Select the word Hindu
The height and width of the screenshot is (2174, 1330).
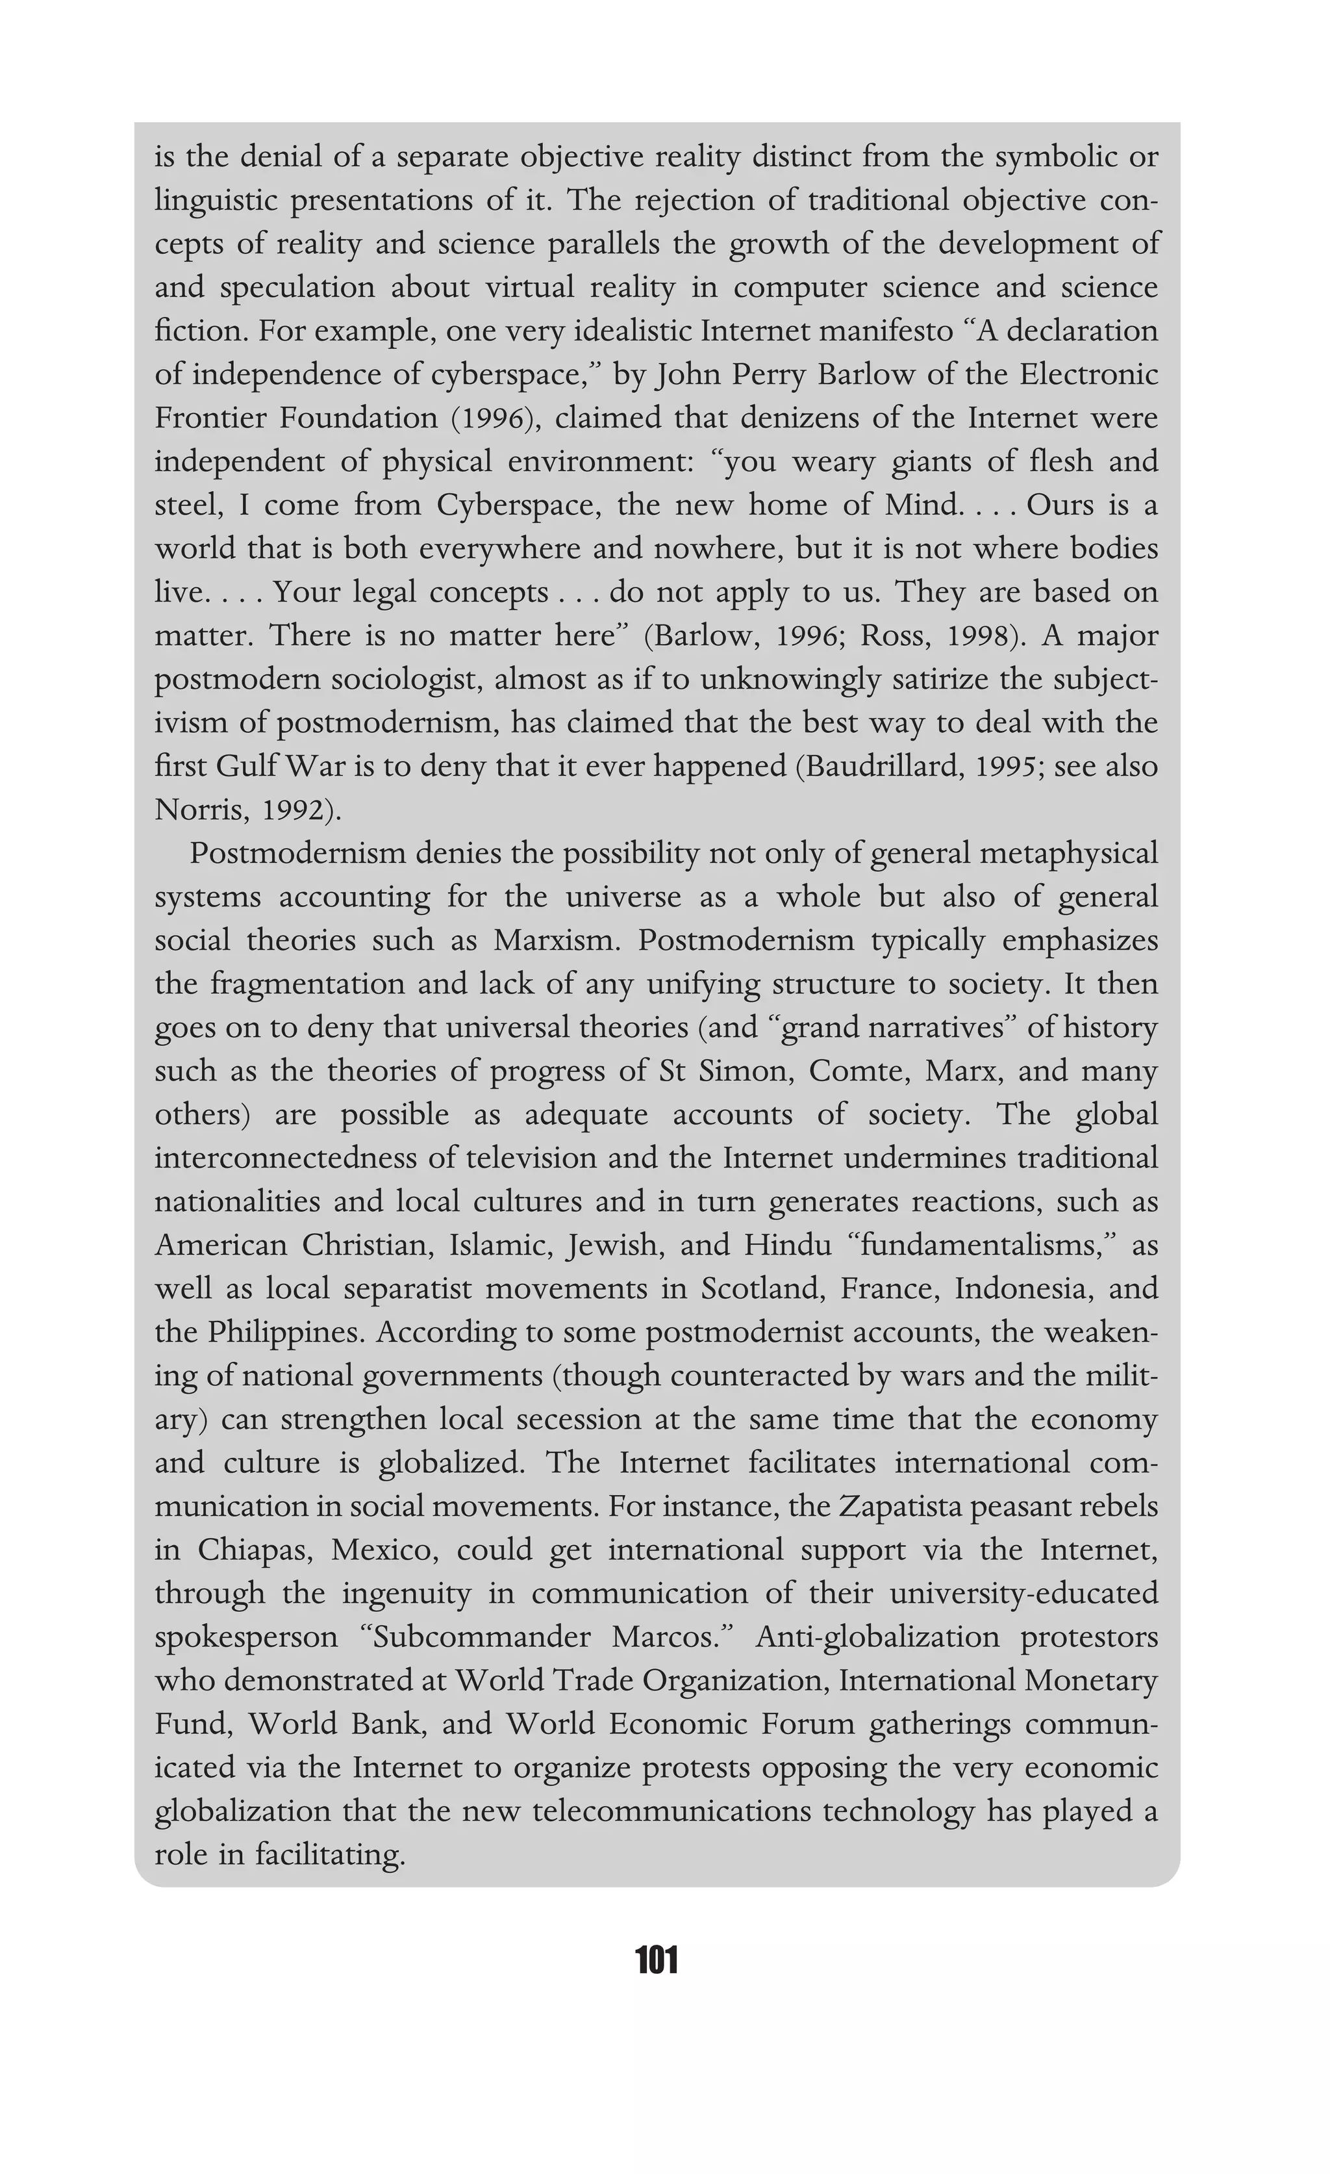point(788,1245)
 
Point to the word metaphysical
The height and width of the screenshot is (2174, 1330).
point(1067,853)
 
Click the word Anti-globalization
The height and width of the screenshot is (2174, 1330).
point(877,1637)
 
